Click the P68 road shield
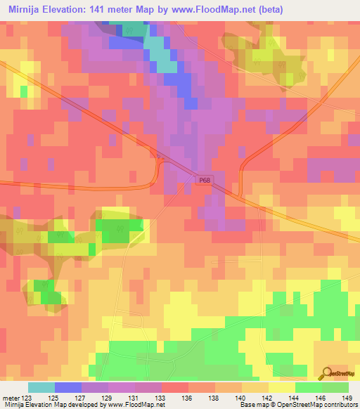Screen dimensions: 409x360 click(x=203, y=181)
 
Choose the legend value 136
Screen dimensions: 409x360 click(x=188, y=397)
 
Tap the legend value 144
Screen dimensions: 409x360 click(x=295, y=397)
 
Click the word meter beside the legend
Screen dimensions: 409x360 click(x=11, y=397)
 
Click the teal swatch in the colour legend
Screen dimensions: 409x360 click(x=41, y=387)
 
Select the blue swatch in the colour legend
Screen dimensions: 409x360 click(x=67, y=387)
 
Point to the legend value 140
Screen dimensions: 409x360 click(x=241, y=397)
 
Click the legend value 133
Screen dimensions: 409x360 click(x=161, y=397)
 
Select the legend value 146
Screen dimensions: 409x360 click(x=321, y=397)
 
